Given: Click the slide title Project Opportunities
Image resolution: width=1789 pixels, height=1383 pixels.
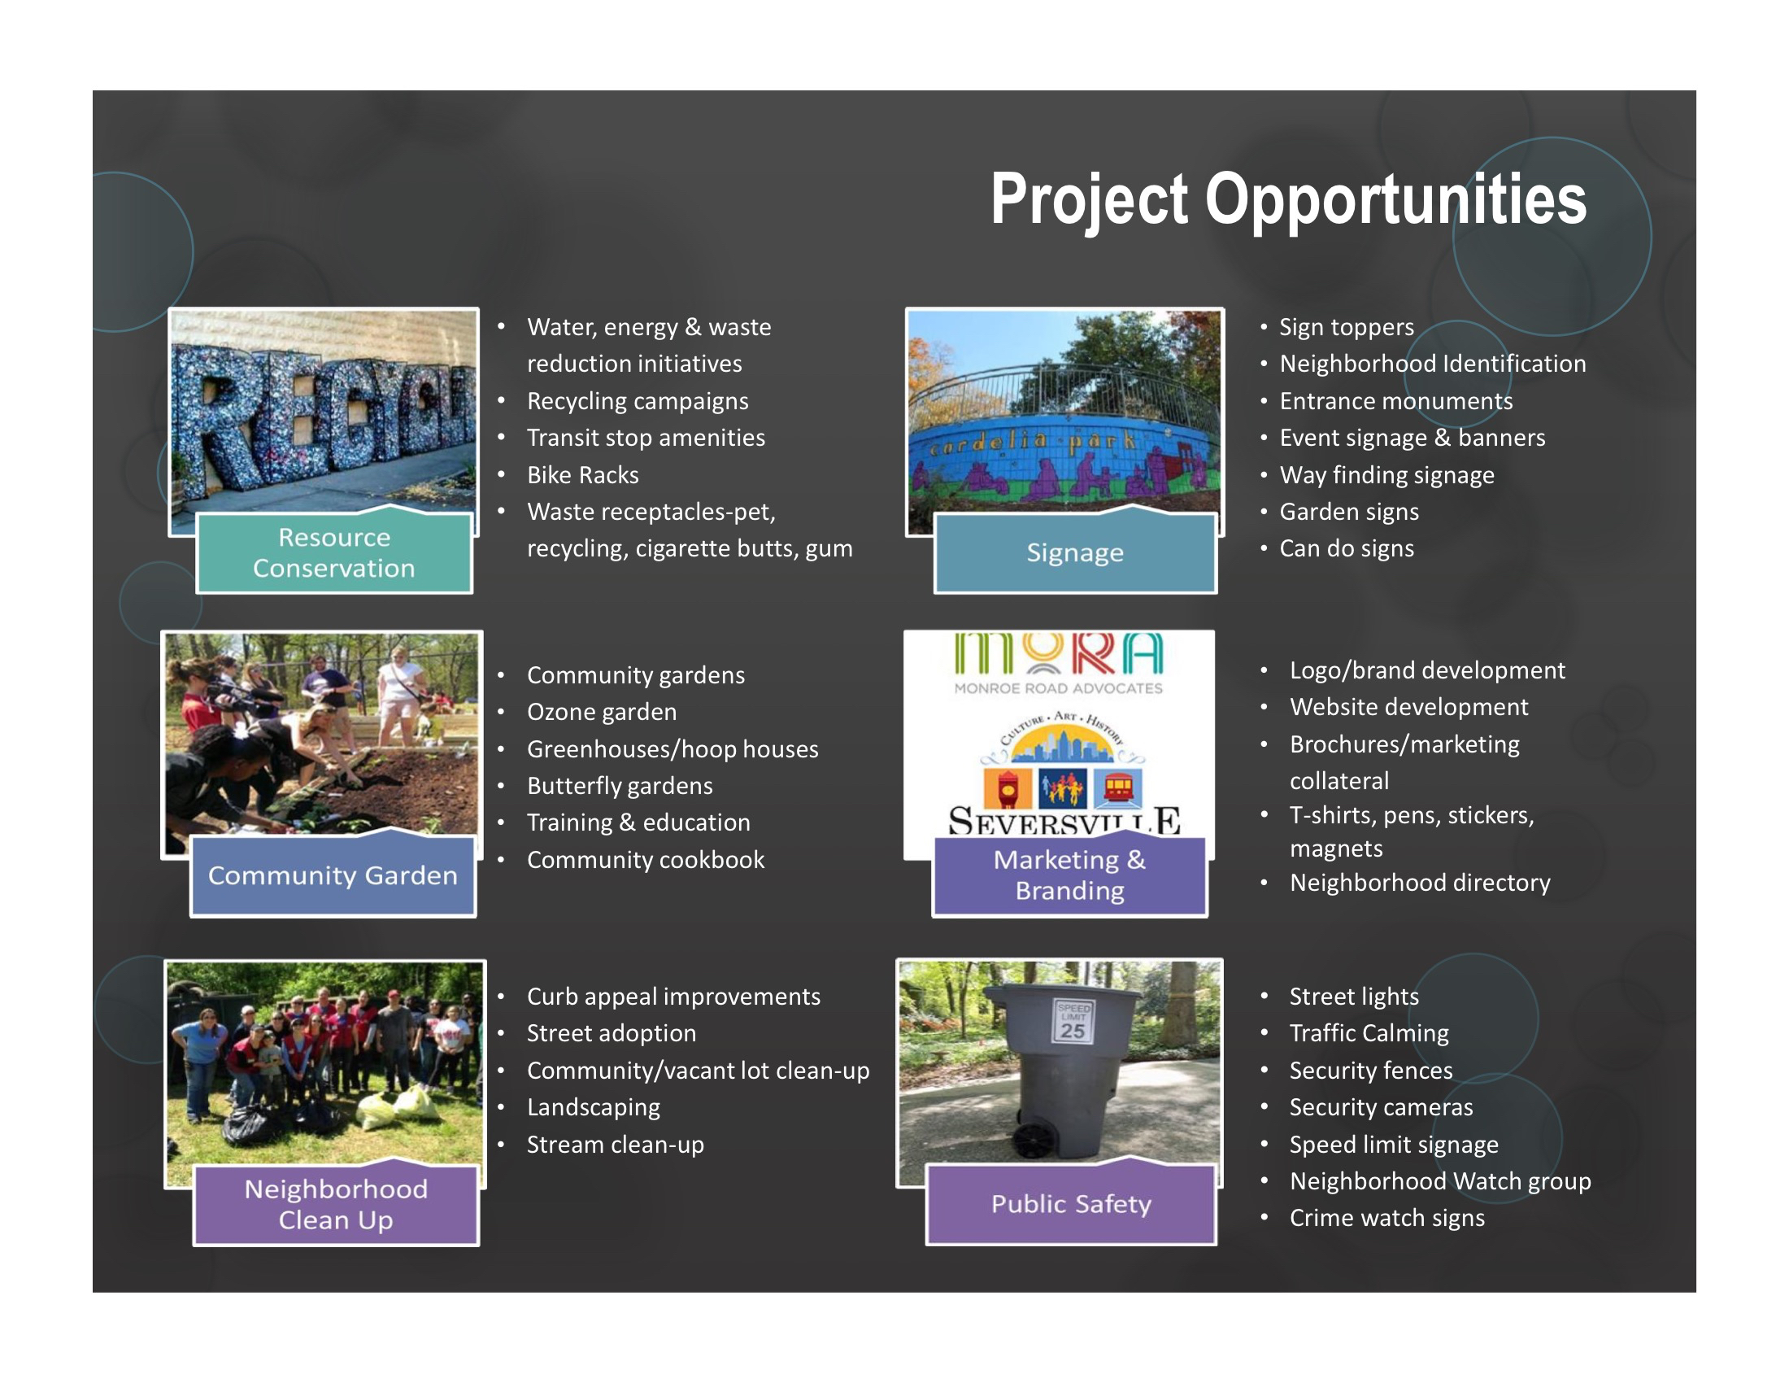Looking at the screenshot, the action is pyautogui.click(x=1289, y=201).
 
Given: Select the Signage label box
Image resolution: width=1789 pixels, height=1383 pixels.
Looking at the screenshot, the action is pyautogui.click(x=1076, y=552).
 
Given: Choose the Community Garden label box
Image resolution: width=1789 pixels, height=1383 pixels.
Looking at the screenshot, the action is pyautogui.click(x=333, y=875).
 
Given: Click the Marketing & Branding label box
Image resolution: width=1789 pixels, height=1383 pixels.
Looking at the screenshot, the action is pyautogui.click(x=1070, y=875).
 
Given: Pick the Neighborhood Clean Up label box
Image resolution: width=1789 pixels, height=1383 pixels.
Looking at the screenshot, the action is pyautogui.click(x=336, y=1204).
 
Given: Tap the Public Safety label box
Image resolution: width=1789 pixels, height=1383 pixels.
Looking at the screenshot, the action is pyautogui.click(x=1072, y=1203).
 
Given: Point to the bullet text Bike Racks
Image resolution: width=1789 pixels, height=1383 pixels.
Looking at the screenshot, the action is pyautogui.click(x=582, y=475).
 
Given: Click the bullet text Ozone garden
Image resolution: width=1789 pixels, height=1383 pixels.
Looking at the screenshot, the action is pyautogui.click(x=602, y=712).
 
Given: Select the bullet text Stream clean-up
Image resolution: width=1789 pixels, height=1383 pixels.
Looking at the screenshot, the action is pyautogui.click(x=616, y=1145).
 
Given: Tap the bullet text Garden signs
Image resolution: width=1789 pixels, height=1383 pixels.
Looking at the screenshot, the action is pyautogui.click(x=1349, y=512).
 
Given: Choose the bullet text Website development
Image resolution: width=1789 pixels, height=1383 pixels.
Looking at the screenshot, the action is pyautogui.click(x=1409, y=707).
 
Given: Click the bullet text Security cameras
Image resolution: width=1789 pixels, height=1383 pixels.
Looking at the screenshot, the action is pyautogui.click(x=1381, y=1108).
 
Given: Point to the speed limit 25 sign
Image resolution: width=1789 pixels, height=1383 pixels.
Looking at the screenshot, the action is pyautogui.click(x=1073, y=1020).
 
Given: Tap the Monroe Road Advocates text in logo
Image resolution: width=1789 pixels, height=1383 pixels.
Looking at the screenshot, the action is pyautogui.click(x=1058, y=688).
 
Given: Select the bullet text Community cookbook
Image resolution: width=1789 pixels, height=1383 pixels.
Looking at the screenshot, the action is pyautogui.click(x=646, y=859).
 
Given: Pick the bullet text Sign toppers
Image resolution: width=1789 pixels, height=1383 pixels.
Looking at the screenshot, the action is pyautogui.click(x=1347, y=328).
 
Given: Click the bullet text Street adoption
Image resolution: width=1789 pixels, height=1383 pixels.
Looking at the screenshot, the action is pyautogui.click(x=611, y=1033).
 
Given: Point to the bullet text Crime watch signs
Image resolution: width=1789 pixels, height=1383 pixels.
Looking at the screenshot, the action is pyautogui.click(x=1386, y=1219).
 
